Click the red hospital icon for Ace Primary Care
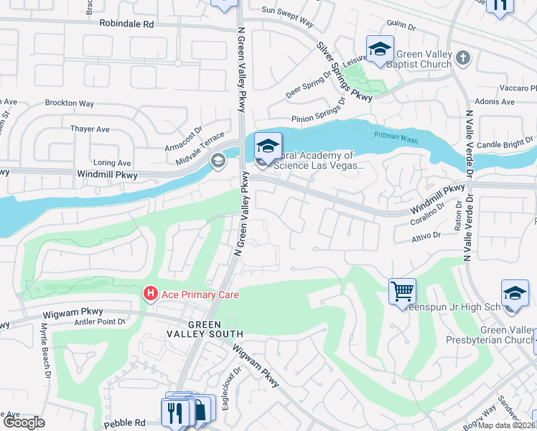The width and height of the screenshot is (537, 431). click(151, 294)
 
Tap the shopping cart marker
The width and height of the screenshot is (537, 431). click(402, 292)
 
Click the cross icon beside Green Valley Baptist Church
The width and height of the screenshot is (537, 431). click(462, 57)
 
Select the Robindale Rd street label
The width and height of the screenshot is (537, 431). click(126, 24)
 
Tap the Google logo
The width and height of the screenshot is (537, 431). click(23, 422)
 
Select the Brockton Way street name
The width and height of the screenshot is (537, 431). click(69, 103)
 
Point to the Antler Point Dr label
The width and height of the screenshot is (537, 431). click(100, 321)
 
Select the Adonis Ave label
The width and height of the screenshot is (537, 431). click(498, 102)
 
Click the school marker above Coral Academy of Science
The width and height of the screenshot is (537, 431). click(268, 147)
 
